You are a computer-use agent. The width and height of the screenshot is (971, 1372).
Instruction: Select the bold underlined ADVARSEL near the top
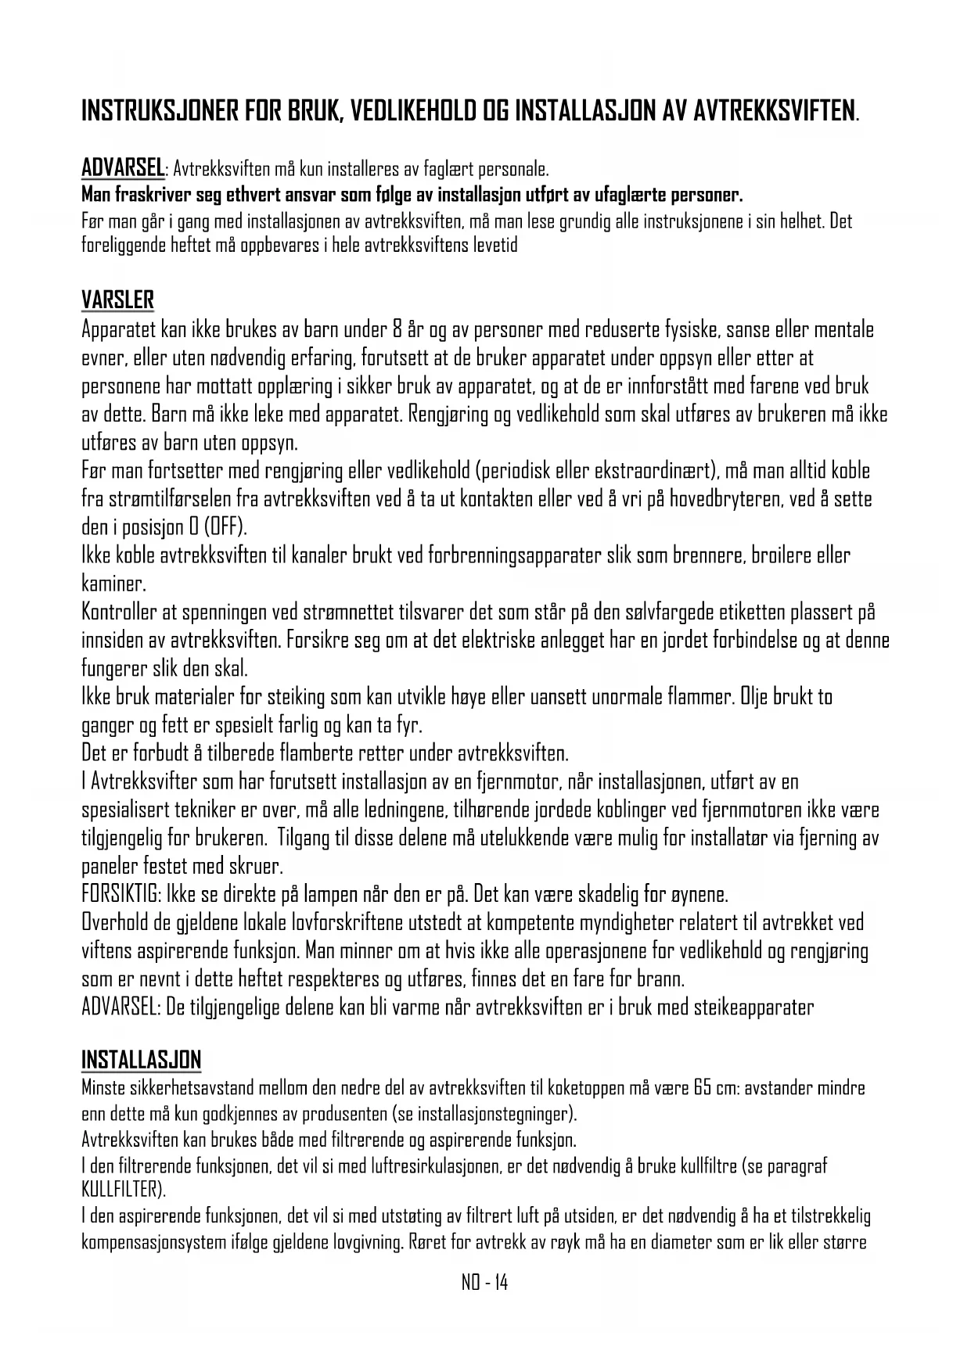[x=123, y=167]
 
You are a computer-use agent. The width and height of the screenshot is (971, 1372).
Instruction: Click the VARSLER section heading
[x=117, y=300]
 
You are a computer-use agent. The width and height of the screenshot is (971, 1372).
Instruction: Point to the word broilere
[x=782, y=555]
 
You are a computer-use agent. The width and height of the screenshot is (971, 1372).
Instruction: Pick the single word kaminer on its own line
[x=113, y=584]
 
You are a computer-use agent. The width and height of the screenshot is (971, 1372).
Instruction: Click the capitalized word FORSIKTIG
[x=120, y=894]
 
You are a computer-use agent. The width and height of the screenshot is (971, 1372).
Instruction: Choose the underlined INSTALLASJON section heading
[x=142, y=1061]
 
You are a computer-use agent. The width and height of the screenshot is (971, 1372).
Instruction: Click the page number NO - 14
[x=484, y=1283]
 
